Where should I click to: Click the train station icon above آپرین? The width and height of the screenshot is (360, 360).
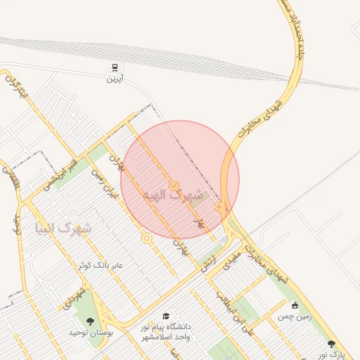[x=114, y=68]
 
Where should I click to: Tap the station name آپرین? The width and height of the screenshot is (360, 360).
[x=114, y=79]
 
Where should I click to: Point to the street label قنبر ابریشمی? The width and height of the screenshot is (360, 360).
[x=56, y=173]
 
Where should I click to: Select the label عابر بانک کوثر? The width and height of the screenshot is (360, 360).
[x=101, y=265]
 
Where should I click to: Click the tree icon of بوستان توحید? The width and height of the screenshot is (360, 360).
[x=89, y=321]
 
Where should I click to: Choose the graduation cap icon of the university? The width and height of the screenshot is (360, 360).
[x=166, y=316]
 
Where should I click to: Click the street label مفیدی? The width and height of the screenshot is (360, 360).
[x=232, y=259]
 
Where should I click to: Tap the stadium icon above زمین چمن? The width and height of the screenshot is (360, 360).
[x=295, y=305]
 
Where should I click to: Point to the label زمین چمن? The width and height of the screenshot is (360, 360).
[x=294, y=317]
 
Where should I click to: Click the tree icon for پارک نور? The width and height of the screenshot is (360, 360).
[x=331, y=344]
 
